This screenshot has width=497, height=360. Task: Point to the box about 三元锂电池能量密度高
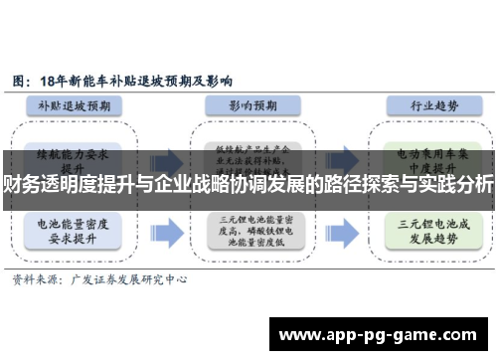[248, 231]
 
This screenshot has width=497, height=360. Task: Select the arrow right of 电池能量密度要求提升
[166, 231]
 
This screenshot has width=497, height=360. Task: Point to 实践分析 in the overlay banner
[454, 185]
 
